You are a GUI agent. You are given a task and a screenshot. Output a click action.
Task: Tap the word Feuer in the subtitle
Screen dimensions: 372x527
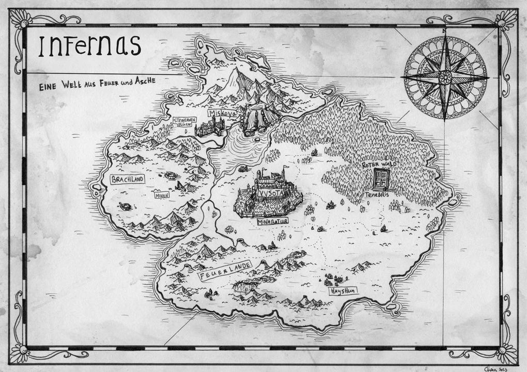click(107, 83)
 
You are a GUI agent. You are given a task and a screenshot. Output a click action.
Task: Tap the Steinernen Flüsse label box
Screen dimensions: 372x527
click(184, 122)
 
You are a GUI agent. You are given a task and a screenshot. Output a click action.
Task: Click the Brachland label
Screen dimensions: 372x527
click(127, 179)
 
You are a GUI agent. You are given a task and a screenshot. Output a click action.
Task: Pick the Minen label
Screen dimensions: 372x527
click(162, 195)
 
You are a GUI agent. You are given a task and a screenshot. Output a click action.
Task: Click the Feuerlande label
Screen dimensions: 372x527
click(226, 271)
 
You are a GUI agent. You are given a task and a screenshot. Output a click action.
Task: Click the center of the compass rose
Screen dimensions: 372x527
click(445, 77)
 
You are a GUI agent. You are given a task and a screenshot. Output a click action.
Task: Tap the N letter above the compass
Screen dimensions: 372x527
click(444, 31)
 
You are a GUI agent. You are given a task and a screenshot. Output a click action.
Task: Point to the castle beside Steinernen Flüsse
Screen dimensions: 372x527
click(209, 127)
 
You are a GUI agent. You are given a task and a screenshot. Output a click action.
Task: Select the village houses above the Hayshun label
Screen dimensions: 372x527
click(333, 280)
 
